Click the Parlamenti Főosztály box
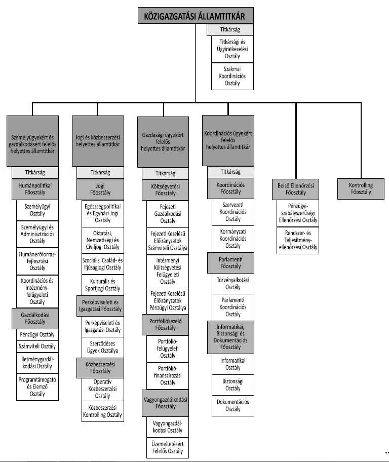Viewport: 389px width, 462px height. [230, 262]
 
